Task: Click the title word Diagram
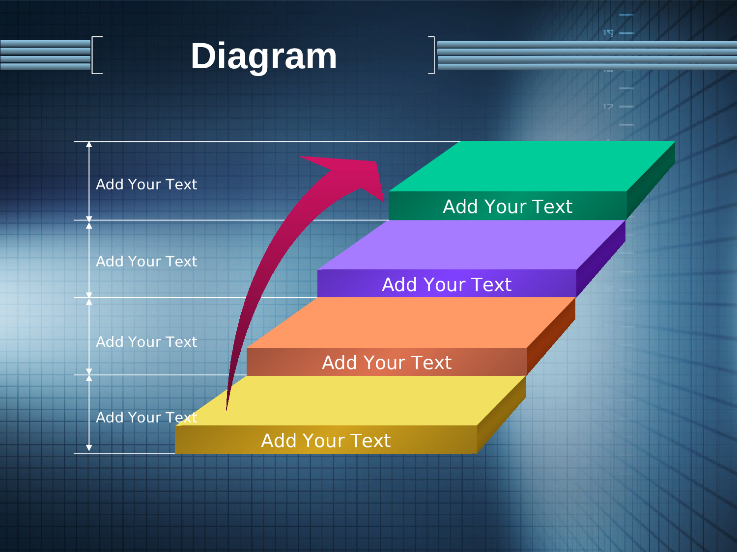[x=263, y=57]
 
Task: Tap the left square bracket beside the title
[x=93, y=55]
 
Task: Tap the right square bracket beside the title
[x=433, y=55]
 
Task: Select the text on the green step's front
[x=508, y=207]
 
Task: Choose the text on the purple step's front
[x=447, y=285]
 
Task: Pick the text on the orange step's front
[x=387, y=363]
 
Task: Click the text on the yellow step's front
[x=326, y=441]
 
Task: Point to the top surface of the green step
[x=532, y=166]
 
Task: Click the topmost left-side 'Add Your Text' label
[x=146, y=184]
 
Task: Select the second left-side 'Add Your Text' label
[x=146, y=262]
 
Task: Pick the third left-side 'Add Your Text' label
[x=146, y=342]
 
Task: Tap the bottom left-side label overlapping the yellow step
[x=146, y=418]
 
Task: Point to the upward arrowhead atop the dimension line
[x=89, y=144]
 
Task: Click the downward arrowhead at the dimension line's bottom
[x=89, y=448]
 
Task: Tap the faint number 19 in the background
[x=608, y=33]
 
